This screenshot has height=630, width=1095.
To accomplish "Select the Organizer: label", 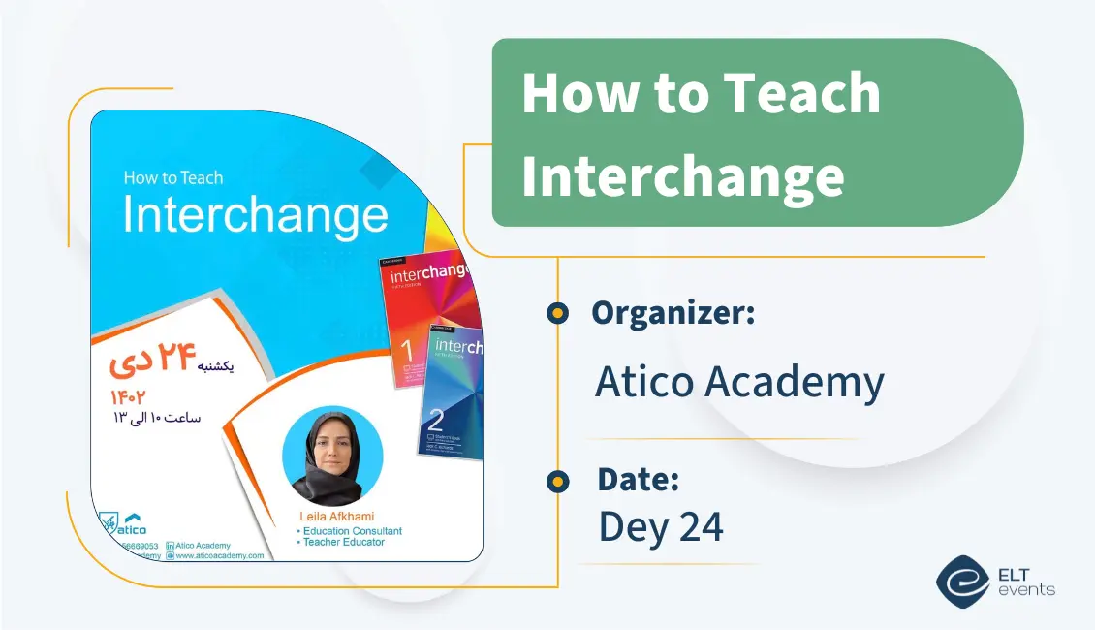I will click(x=673, y=313).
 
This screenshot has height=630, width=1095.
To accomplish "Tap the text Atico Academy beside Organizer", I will click(x=738, y=382).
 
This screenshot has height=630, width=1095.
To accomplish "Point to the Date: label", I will click(x=638, y=479).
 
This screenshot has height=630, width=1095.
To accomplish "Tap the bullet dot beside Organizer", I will click(x=557, y=313).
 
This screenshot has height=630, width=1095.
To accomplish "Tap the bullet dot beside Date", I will click(x=557, y=481).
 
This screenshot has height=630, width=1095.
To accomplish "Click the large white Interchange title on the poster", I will click(x=255, y=215).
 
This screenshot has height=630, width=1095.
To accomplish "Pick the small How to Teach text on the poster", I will click(x=173, y=177).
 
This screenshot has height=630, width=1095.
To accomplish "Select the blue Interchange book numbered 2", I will click(x=452, y=393).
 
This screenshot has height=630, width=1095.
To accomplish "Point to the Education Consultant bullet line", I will click(x=351, y=531).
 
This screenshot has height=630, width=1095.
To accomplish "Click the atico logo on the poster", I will click(x=123, y=524).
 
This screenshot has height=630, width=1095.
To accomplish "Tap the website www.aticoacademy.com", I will click(x=219, y=555).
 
